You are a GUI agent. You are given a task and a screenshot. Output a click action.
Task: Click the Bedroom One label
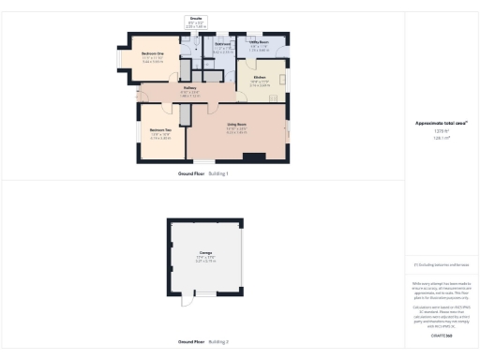pyautogui.click(x=153, y=54)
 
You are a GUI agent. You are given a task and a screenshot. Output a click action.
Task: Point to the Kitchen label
pyautogui.click(x=260, y=77)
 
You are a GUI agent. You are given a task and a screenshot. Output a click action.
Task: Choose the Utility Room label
pyautogui.click(x=260, y=42)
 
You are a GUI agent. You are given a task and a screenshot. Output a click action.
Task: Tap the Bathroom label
pyautogui.click(x=222, y=44)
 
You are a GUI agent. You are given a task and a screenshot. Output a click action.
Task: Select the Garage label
pyautogui.click(x=205, y=253)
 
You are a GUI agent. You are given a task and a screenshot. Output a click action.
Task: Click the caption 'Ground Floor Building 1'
pyautogui.click(x=203, y=174)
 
